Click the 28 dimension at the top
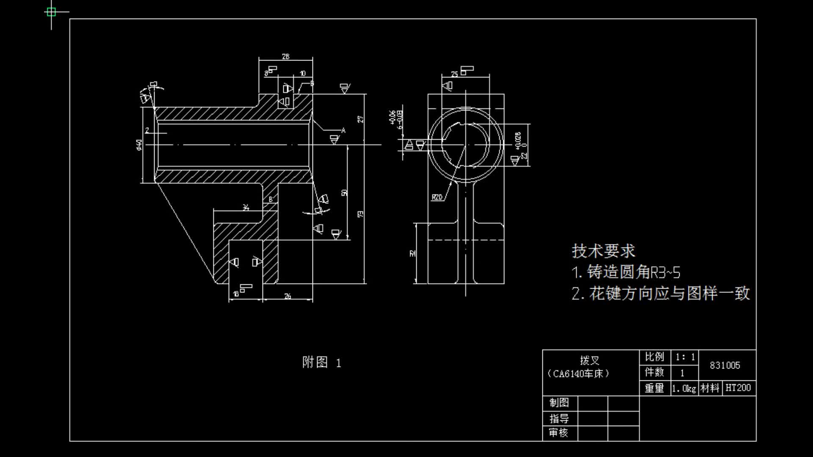pos(286,56)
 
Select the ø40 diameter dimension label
pos(139,144)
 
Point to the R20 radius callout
pos(437,197)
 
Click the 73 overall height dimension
pos(361,214)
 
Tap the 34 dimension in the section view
pos(246,207)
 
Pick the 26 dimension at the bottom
pos(288,296)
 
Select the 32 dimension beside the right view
pos(413,253)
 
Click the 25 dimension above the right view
pos(454,74)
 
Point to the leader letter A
pos(343,130)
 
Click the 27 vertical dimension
pos(361,119)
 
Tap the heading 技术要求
pos(603,251)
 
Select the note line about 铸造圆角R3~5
pos(626,272)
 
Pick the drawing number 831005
pos(725,365)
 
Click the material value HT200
pos(738,388)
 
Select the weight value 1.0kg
pos(684,388)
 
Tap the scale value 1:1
pos(685,357)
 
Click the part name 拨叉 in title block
pos(590,361)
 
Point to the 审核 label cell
pos(559,433)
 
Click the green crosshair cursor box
pos(51,12)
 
